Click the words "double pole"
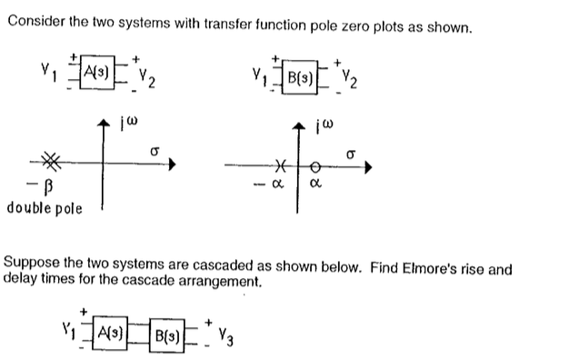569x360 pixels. pos(44,207)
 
